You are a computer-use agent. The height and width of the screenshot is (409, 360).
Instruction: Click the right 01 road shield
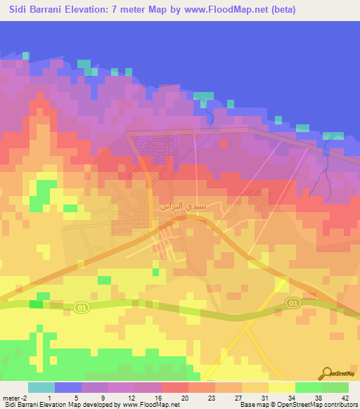point(292,302)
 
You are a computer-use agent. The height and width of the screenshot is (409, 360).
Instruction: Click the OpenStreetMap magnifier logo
point(328,373)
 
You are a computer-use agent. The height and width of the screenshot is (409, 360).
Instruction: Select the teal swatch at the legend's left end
point(41,387)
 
